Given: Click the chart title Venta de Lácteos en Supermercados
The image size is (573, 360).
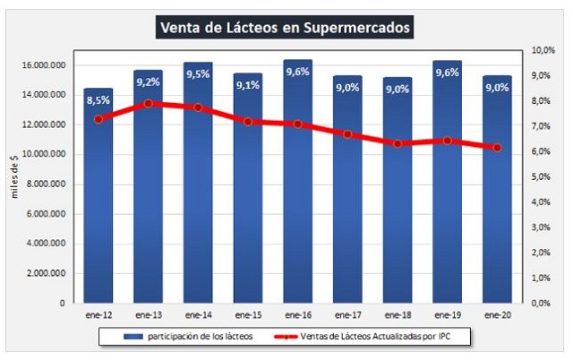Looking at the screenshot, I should click(285, 27).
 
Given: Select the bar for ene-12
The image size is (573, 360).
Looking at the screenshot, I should click(98, 206).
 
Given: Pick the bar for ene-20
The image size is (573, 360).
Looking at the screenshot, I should click(497, 206).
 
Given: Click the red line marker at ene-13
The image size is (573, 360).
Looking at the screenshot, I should click(148, 103).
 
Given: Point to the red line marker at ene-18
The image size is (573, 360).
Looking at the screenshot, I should click(397, 143).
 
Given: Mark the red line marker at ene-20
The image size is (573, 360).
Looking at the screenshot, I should click(497, 148).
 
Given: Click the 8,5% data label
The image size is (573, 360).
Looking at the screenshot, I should click(98, 99).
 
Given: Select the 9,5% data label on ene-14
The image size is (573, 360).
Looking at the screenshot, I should click(197, 74).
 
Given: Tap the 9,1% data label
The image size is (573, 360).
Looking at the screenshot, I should click(247, 86).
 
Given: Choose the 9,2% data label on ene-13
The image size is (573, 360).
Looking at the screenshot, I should click(148, 81).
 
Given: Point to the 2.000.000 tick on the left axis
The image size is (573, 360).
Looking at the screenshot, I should click(43, 273).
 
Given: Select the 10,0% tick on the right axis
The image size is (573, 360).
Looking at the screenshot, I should click(543, 51).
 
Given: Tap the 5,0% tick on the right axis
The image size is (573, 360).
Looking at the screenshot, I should click(545, 177).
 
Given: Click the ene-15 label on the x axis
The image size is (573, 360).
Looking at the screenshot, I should click(247, 315).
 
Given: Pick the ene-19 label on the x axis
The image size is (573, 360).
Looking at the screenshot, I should click(447, 315).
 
